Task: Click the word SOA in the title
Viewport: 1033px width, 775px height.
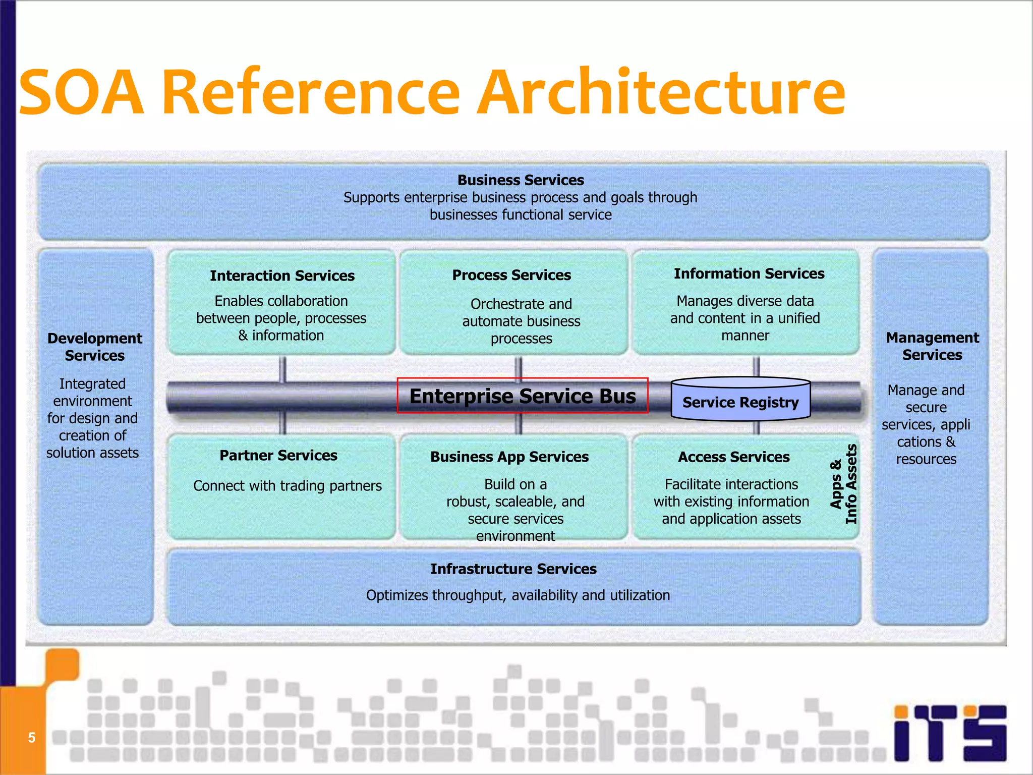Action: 81,93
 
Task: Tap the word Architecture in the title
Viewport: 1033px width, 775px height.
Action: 661,93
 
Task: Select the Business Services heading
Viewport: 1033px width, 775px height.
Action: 520,180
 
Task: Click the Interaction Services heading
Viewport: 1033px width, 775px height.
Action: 282,275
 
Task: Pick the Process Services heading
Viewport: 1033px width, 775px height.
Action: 511,275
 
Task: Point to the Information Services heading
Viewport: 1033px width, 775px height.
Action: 749,273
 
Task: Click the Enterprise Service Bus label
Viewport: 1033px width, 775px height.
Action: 523,396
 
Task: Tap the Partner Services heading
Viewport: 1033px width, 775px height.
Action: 278,455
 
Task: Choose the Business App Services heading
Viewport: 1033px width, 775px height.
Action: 509,457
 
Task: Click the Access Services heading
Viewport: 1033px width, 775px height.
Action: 733,457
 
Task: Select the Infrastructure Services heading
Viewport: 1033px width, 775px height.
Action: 513,569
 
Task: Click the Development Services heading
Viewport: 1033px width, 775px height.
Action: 95,347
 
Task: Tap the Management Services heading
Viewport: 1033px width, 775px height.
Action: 932,346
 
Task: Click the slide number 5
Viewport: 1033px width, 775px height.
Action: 31,738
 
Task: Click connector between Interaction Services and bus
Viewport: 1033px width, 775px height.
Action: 283,369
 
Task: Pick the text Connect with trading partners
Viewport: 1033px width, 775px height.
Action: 287,485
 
